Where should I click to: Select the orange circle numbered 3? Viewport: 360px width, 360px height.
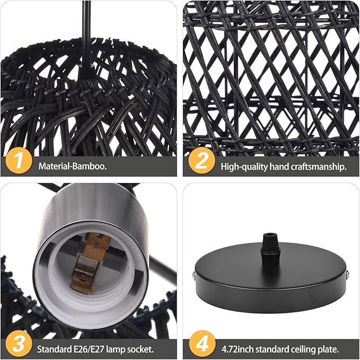pos(18,345)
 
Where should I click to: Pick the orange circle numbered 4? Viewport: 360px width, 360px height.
pos(201,345)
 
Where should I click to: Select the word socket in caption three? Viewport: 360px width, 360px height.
pos(142,349)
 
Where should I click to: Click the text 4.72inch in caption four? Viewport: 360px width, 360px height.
pos(238,349)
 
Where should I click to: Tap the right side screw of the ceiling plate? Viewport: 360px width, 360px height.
pos(348,274)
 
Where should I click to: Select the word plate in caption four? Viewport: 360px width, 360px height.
pos(327,349)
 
